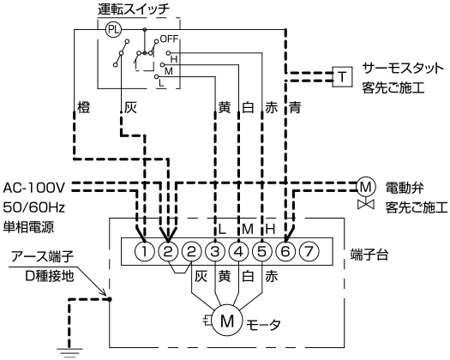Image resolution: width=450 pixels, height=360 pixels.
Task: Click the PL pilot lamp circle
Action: (x=114, y=29)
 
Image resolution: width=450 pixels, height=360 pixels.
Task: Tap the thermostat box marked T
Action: (x=342, y=76)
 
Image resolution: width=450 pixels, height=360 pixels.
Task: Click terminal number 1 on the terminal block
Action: (x=145, y=252)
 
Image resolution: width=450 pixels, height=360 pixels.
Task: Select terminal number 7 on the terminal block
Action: (x=309, y=252)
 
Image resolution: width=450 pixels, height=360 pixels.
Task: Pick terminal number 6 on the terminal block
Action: (x=285, y=252)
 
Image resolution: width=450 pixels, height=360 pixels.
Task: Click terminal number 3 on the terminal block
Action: (x=215, y=252)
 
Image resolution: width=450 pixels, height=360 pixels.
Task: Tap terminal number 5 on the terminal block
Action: (x=262, y=252)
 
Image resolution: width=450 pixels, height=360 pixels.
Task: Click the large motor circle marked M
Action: (x=227, y=321)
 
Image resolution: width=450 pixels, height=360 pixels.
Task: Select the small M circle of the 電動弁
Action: (x=366, y=187)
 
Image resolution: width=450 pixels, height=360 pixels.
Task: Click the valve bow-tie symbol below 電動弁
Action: (x=366, y=204)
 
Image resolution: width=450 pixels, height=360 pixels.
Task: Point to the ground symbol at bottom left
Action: (x=69, y=352)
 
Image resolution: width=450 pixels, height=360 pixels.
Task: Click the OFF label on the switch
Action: (x=170, y=39)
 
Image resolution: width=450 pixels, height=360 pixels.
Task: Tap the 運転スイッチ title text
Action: (x=134, y=9)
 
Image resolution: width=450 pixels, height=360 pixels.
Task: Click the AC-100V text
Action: (x=34, y=188)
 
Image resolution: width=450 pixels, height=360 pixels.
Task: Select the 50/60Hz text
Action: (x=34, y=207)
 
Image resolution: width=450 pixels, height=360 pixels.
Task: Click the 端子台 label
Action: (x=369, y=255)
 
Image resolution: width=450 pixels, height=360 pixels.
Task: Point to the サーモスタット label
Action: (x=403, y=69)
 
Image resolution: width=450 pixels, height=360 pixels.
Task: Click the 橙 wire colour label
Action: (x=84, y=107)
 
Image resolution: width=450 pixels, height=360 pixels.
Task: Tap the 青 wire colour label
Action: (x=295, y=107)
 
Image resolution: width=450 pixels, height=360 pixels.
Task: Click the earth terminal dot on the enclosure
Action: (x=110, y=299)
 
